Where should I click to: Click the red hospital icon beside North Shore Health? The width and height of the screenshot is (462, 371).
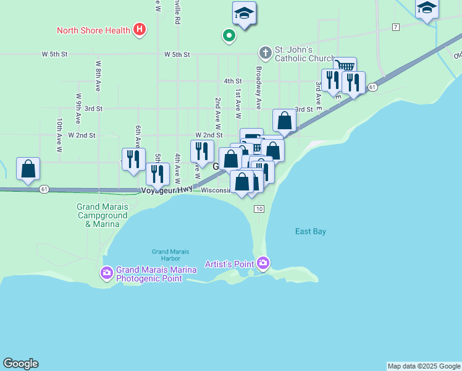(140, 29)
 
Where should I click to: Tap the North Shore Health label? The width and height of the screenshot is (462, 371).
(93, 30)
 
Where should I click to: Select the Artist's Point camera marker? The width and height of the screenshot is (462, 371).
(264, 263)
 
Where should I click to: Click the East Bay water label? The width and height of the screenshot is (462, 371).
(310, 231)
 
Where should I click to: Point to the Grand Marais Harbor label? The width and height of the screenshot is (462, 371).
(170, 255)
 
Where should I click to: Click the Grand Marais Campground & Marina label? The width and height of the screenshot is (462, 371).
(102, 215)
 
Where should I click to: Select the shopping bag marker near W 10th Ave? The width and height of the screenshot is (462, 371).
(28, 169)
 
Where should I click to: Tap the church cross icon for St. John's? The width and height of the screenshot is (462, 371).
(266, 53)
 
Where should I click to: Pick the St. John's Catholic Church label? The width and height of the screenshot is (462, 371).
(296, 54)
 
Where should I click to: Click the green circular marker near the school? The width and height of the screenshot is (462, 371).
(229, 36)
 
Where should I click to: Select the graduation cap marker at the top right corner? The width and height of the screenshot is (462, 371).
(426, 9)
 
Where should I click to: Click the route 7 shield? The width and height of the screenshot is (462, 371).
(396, 27)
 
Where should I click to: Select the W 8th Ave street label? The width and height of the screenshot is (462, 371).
(98, 72)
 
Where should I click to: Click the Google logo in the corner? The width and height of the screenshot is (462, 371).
(20, 364)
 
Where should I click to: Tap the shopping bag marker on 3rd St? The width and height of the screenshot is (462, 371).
(284, 120)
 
